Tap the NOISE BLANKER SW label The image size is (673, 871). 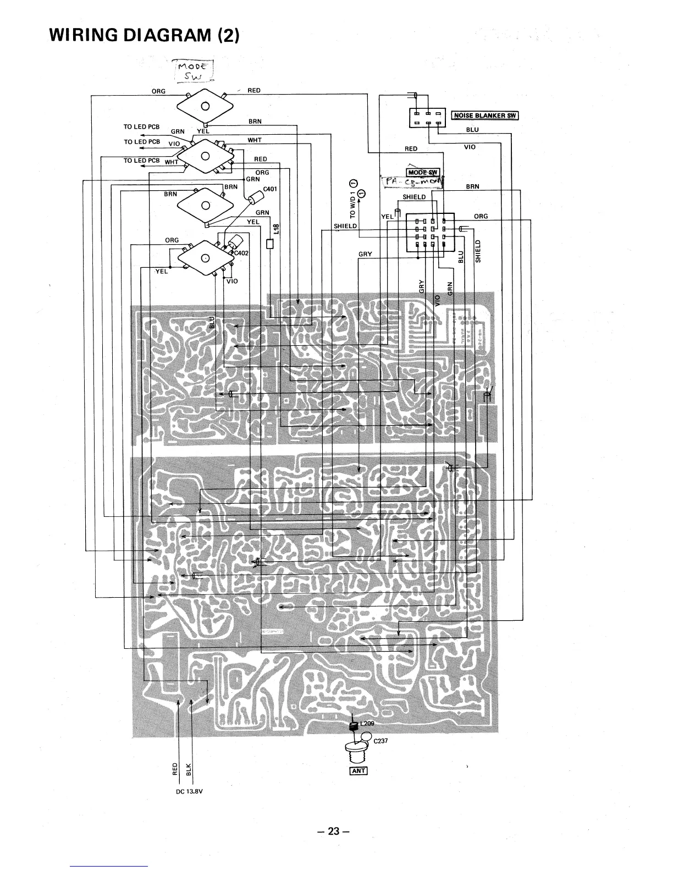tap(485, 115)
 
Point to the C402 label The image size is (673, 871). tap(242, 253)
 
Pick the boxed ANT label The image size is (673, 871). tap(358, 770)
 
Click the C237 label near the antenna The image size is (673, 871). tap(381, 741)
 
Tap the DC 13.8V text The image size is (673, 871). tap(187, 792)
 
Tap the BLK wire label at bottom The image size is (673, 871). tap(189, 768)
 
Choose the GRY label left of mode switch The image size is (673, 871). tap(365, 254)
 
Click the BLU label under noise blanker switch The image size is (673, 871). tap(472, 130)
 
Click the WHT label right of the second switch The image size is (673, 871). tap(255, 140)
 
